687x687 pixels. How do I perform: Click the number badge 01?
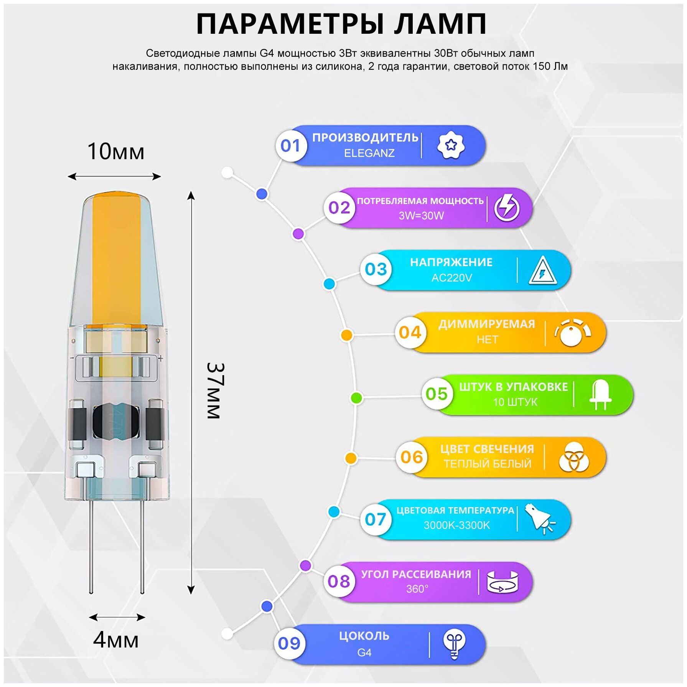point(290,146)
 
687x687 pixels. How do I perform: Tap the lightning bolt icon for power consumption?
point(507,208)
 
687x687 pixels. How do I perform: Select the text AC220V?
point(451,278)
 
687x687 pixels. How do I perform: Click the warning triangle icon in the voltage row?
point(542,271)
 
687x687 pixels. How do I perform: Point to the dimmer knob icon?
point(572,333)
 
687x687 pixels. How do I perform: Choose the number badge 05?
point(437,394)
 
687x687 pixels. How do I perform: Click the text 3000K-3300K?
point(456,525)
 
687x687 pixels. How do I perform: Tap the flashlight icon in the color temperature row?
point(540,519)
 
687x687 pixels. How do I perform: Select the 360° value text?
point(417,588)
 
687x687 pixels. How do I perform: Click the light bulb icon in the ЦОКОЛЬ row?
point(454,644)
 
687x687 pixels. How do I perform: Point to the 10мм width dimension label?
point(115,152)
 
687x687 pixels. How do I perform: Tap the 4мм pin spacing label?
point(115,640)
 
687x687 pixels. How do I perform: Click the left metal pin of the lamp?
point(91,545)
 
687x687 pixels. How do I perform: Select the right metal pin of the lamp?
point(142,545)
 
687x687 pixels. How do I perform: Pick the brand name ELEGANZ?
point(369,153)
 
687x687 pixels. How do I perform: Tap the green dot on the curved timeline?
point(357,398)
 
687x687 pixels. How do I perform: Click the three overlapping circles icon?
point(573,457)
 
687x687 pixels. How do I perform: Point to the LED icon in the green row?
point(600,395)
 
